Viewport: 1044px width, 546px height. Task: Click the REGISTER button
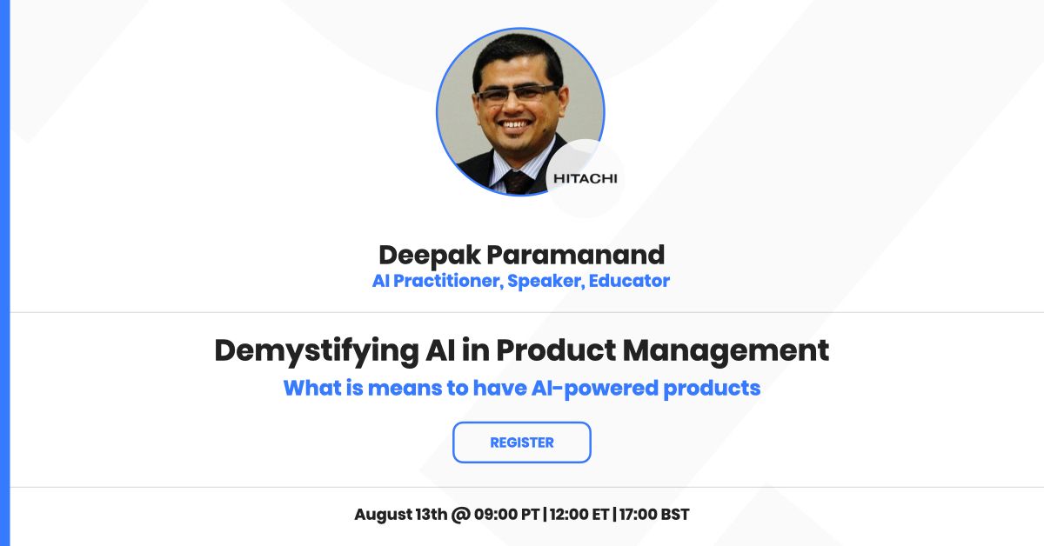[521, 443]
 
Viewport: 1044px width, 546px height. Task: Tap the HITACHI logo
[585, 178]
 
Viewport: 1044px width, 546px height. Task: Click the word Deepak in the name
[429, 256]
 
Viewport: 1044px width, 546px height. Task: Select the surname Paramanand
[576, 255]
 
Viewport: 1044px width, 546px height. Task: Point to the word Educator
[629, 281]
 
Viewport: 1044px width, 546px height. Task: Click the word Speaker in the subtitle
[545, 282]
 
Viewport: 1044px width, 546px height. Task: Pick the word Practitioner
[448, 281]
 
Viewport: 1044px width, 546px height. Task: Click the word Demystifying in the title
[317, 351]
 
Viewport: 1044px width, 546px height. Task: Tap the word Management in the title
[726, 351]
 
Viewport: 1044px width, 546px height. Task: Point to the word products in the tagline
[712, 389]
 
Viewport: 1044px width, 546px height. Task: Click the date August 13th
[401, 515]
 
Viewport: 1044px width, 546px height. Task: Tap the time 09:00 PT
[506, 515]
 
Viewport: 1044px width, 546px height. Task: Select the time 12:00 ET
[579, 515]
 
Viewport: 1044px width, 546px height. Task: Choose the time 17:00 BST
[654, 515]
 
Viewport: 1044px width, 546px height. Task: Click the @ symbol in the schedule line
[460, 515]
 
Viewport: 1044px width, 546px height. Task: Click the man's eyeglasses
[518, 93]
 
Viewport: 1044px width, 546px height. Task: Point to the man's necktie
[518, 183]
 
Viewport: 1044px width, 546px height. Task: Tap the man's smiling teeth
[514, 124]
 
